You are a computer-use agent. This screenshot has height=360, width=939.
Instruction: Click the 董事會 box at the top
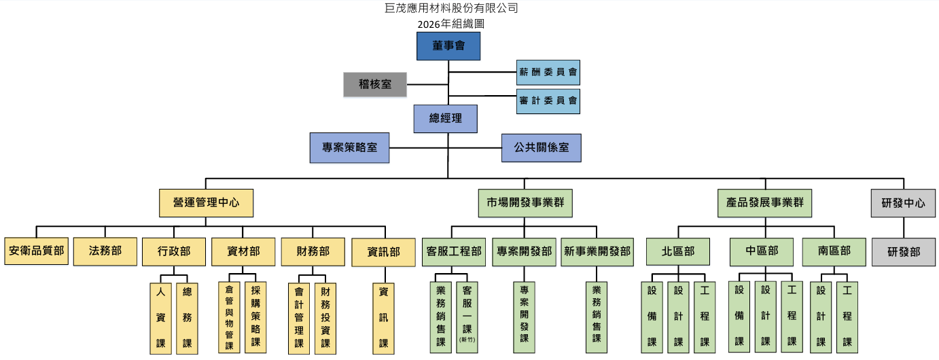[x=448, y=46]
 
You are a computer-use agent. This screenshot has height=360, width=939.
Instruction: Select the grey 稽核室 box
[x=374, y=85]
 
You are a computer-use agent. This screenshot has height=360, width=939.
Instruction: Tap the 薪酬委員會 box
[x=548, y=71]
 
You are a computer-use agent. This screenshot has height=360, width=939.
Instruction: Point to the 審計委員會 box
[x=548, y=101]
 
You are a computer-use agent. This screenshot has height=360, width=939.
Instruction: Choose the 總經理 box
[x=445, y=119]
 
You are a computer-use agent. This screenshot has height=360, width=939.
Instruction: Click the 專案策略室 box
[x=349, y=147]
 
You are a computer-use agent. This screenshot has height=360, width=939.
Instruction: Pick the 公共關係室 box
[x=542, y=147]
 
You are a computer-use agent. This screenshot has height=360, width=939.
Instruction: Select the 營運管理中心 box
[x=205, y=202]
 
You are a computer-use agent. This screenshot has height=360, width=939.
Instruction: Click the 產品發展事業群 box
[x=764, y=202]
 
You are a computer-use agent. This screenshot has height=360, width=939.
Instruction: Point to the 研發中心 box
[x=903, y=202]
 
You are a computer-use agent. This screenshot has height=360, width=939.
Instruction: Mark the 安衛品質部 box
[x=36, y=251]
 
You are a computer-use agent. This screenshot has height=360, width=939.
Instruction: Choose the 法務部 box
[x=105, y=251]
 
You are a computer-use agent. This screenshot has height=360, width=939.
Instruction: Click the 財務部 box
[x=313, y=251]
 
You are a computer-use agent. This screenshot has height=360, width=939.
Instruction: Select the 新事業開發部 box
[x=597, y=251]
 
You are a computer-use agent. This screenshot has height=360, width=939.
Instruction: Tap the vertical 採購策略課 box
[x=255, y=317]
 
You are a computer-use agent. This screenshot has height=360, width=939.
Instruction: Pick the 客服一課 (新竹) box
[x=467, y=317]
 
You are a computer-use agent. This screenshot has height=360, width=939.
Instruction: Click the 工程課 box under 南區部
[x=847, y=317]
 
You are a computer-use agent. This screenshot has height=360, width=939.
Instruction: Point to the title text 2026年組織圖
[x=451, y=23]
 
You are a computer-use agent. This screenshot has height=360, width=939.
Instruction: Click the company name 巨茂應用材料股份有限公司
[x=451, y=8]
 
